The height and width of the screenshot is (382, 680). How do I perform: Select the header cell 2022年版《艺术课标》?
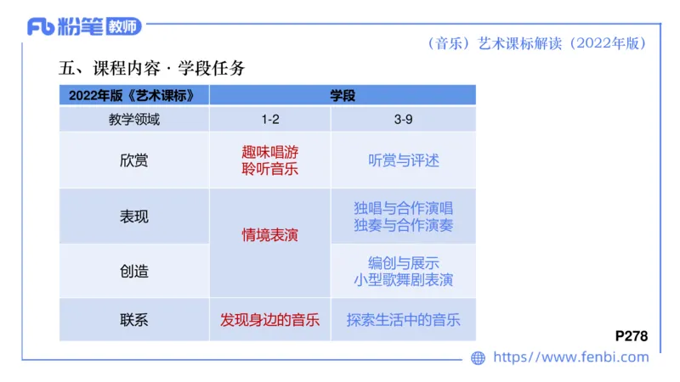point(134,96)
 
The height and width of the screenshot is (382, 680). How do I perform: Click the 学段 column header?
point(343,96)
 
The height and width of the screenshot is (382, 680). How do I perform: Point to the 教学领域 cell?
point(134,120)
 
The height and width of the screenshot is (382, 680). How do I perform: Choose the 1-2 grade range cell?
point(269,120)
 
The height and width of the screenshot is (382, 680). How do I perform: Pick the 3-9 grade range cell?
point(404,120)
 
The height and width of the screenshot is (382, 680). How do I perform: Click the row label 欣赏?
point(134,160)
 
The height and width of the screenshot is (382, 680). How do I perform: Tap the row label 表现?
point(134,216)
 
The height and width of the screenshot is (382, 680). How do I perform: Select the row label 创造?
point(134,272)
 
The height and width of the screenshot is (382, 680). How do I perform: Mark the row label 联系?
point(134,320)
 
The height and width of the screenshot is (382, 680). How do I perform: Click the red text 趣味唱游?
point(269,152)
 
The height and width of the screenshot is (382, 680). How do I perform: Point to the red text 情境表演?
point(269,234)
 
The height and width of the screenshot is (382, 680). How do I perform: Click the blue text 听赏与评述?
point(404,160)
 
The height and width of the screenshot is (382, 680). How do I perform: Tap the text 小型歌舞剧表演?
point(404,280)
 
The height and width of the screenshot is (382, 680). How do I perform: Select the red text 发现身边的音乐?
point(269,320)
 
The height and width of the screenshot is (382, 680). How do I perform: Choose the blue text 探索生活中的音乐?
point(404,320)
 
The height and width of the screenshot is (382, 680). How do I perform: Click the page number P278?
point(631,336)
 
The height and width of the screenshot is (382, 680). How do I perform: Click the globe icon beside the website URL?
point(478,358)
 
